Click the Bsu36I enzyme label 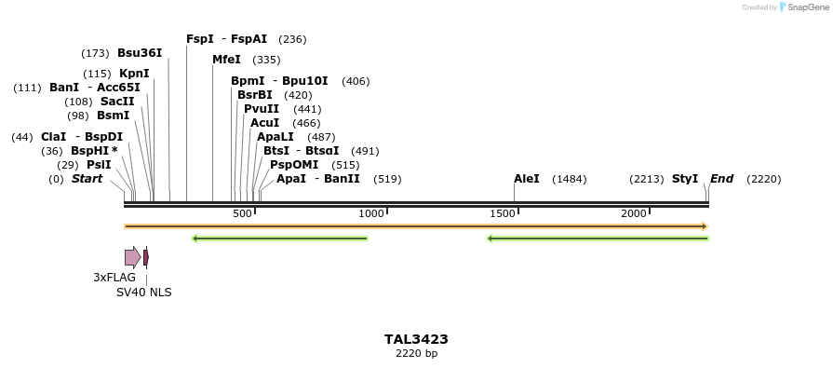(x=140, y=53)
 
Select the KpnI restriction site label (x=134, y=74)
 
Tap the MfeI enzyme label (x=226, y=60)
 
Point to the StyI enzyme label (x=685, y=179)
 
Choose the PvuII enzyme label (x=262, y=109)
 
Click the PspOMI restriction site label (x=294, y=165)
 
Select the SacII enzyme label (x=117, y=102)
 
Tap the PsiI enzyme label (x=99, y=165)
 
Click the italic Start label (x=87, y=179)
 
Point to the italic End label (x=722, y=179)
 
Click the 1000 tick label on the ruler (x=371, y=214)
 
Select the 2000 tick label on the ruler (x=634, y=214)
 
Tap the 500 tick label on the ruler (x=242, y=214)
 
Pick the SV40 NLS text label (x=143, y=293)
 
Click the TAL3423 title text (x=416, y=339)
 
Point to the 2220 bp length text (x=416, y=354)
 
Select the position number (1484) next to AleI (x=569, y=179)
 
